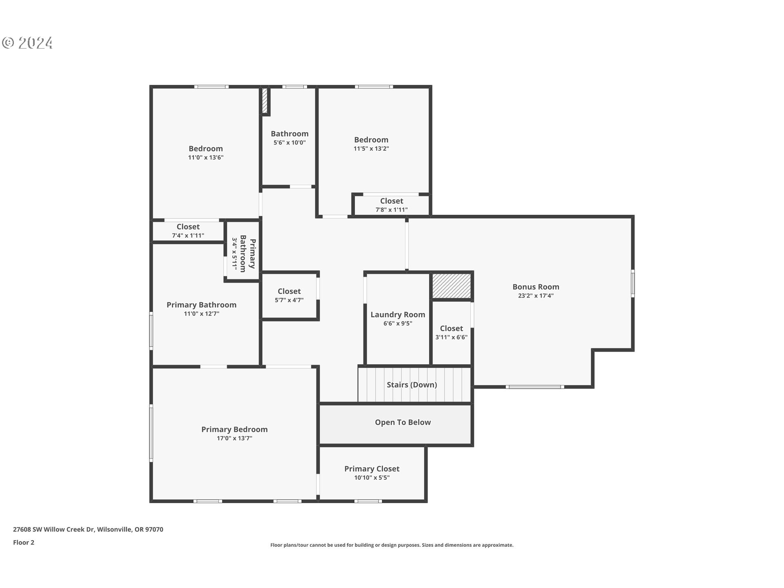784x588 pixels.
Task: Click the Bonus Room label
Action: (x=536, y=287)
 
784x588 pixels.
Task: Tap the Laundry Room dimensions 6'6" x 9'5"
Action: (x=398, y=323)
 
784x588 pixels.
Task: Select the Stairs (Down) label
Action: (x=412, y=385)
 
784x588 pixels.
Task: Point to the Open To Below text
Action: (x=403, y=422)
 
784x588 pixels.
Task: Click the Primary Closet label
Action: (x=372, y=469)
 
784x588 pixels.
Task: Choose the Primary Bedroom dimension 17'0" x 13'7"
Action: (x=234, y=438)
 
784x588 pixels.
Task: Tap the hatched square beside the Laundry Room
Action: (x=451, y=286)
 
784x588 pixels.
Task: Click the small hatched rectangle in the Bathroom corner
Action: (x=265, y=100)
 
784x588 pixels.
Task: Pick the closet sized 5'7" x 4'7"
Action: (x=289, y=295)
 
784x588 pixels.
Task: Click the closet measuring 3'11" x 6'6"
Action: (x=451, y=332)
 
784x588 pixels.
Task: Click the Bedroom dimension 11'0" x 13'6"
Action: (x=206, y=158)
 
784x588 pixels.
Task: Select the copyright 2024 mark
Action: (x=27, y=43)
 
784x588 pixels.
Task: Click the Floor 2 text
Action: (x=24, y=542)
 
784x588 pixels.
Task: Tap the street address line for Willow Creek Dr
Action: (x=88, y=529)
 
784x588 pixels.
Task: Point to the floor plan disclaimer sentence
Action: (x=392, y=545)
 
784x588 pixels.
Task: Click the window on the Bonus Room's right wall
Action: (x=633, y=283)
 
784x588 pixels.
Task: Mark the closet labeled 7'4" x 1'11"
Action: (x=188, y=231)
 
